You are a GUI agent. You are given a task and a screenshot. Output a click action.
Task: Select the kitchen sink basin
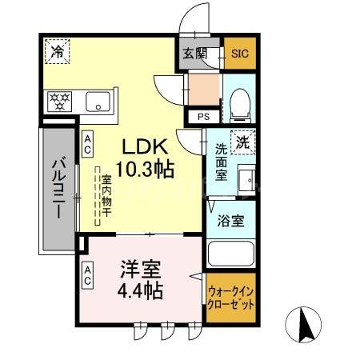98,102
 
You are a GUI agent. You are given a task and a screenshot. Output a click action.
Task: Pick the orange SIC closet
239,54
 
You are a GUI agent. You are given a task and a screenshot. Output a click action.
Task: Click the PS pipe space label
201,117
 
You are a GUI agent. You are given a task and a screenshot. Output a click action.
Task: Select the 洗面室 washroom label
222,161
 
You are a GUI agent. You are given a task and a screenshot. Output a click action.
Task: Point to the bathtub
231,255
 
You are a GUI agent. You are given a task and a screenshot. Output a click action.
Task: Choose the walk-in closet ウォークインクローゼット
231,298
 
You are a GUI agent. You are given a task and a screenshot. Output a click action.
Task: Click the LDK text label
145,148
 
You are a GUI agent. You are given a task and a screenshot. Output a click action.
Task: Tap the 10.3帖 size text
145,170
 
